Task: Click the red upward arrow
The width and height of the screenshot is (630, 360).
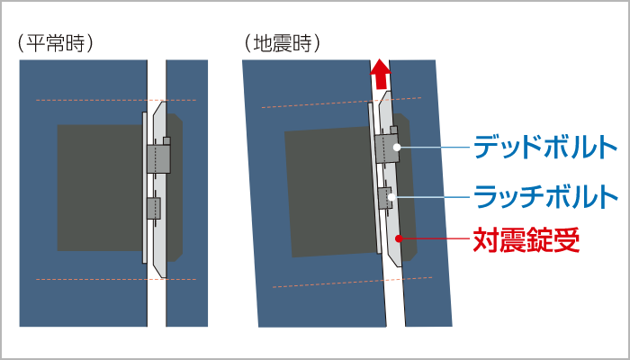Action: pos(381,74)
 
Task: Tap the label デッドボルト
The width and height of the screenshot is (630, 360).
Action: pos(545,148)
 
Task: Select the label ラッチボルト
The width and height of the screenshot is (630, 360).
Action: pos(545,196)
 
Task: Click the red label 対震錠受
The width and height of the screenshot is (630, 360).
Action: pos(526,239)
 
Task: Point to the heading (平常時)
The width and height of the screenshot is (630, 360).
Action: pos(56,44)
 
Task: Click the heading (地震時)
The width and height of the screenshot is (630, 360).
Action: pos(283,44)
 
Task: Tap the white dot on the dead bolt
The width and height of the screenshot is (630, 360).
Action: pos(397,147)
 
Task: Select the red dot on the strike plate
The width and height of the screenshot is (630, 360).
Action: pos(398,238)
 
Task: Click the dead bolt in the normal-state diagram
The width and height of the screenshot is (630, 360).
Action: pos(158,158)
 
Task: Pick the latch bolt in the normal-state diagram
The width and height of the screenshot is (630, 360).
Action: pos(154,208)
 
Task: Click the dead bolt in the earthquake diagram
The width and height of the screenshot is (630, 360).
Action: pos(386,148)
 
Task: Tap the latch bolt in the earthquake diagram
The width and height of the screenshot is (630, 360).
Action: pos(385,198)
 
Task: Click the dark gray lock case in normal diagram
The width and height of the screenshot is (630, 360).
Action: pos(100,187)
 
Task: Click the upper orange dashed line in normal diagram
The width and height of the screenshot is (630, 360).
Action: pos(116,100)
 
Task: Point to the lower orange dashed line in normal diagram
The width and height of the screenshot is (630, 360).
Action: pos(116,279)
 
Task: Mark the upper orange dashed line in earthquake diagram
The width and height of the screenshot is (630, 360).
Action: pos(341,103)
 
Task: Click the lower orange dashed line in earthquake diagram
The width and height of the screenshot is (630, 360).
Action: pos(353,283)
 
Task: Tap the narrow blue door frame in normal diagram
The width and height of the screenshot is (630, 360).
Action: pos(187,193)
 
